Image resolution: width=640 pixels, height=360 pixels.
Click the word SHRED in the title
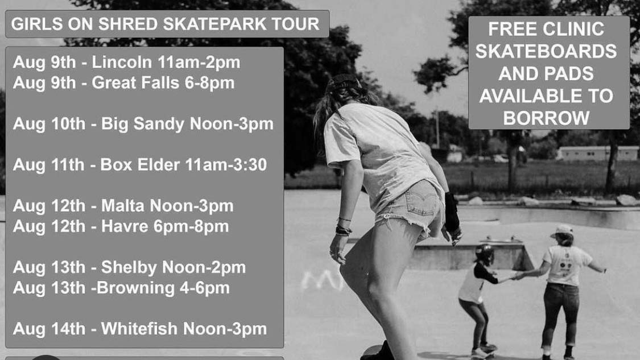(127, 24)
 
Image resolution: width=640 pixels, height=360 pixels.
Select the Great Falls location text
(135, 83)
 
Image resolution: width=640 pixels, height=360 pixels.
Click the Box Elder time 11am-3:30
(226, 165)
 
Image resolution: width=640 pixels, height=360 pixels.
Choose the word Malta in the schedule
(123, 206)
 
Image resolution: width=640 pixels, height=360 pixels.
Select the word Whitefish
(139, 329)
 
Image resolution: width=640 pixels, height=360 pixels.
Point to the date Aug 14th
(49, 329)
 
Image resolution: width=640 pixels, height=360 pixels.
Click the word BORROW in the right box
(546, 118)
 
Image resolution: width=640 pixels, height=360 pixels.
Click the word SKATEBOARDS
(546, 51)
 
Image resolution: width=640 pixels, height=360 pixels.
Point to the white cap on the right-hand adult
(562, 230)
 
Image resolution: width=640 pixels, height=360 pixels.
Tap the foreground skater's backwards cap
(344, 81)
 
